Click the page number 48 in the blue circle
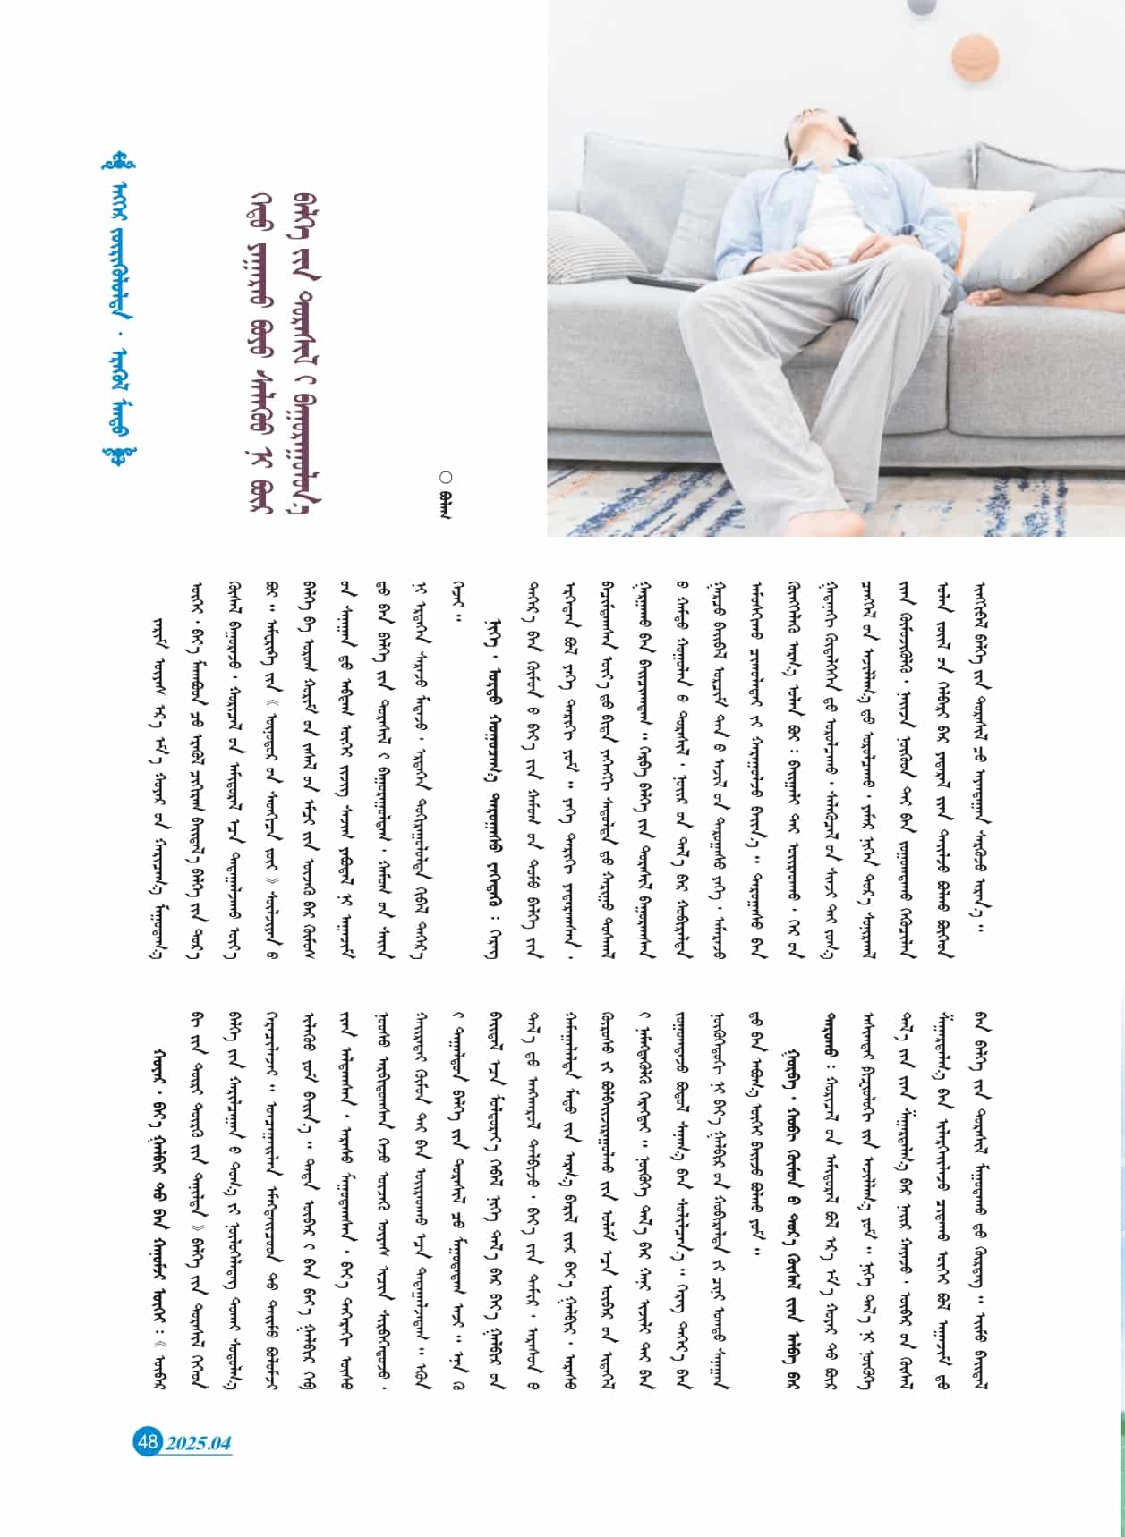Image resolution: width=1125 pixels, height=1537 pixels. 147,1441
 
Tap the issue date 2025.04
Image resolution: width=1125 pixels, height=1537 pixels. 198,1442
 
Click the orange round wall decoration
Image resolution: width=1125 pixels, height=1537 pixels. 975,56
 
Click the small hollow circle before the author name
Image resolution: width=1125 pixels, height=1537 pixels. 446,478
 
